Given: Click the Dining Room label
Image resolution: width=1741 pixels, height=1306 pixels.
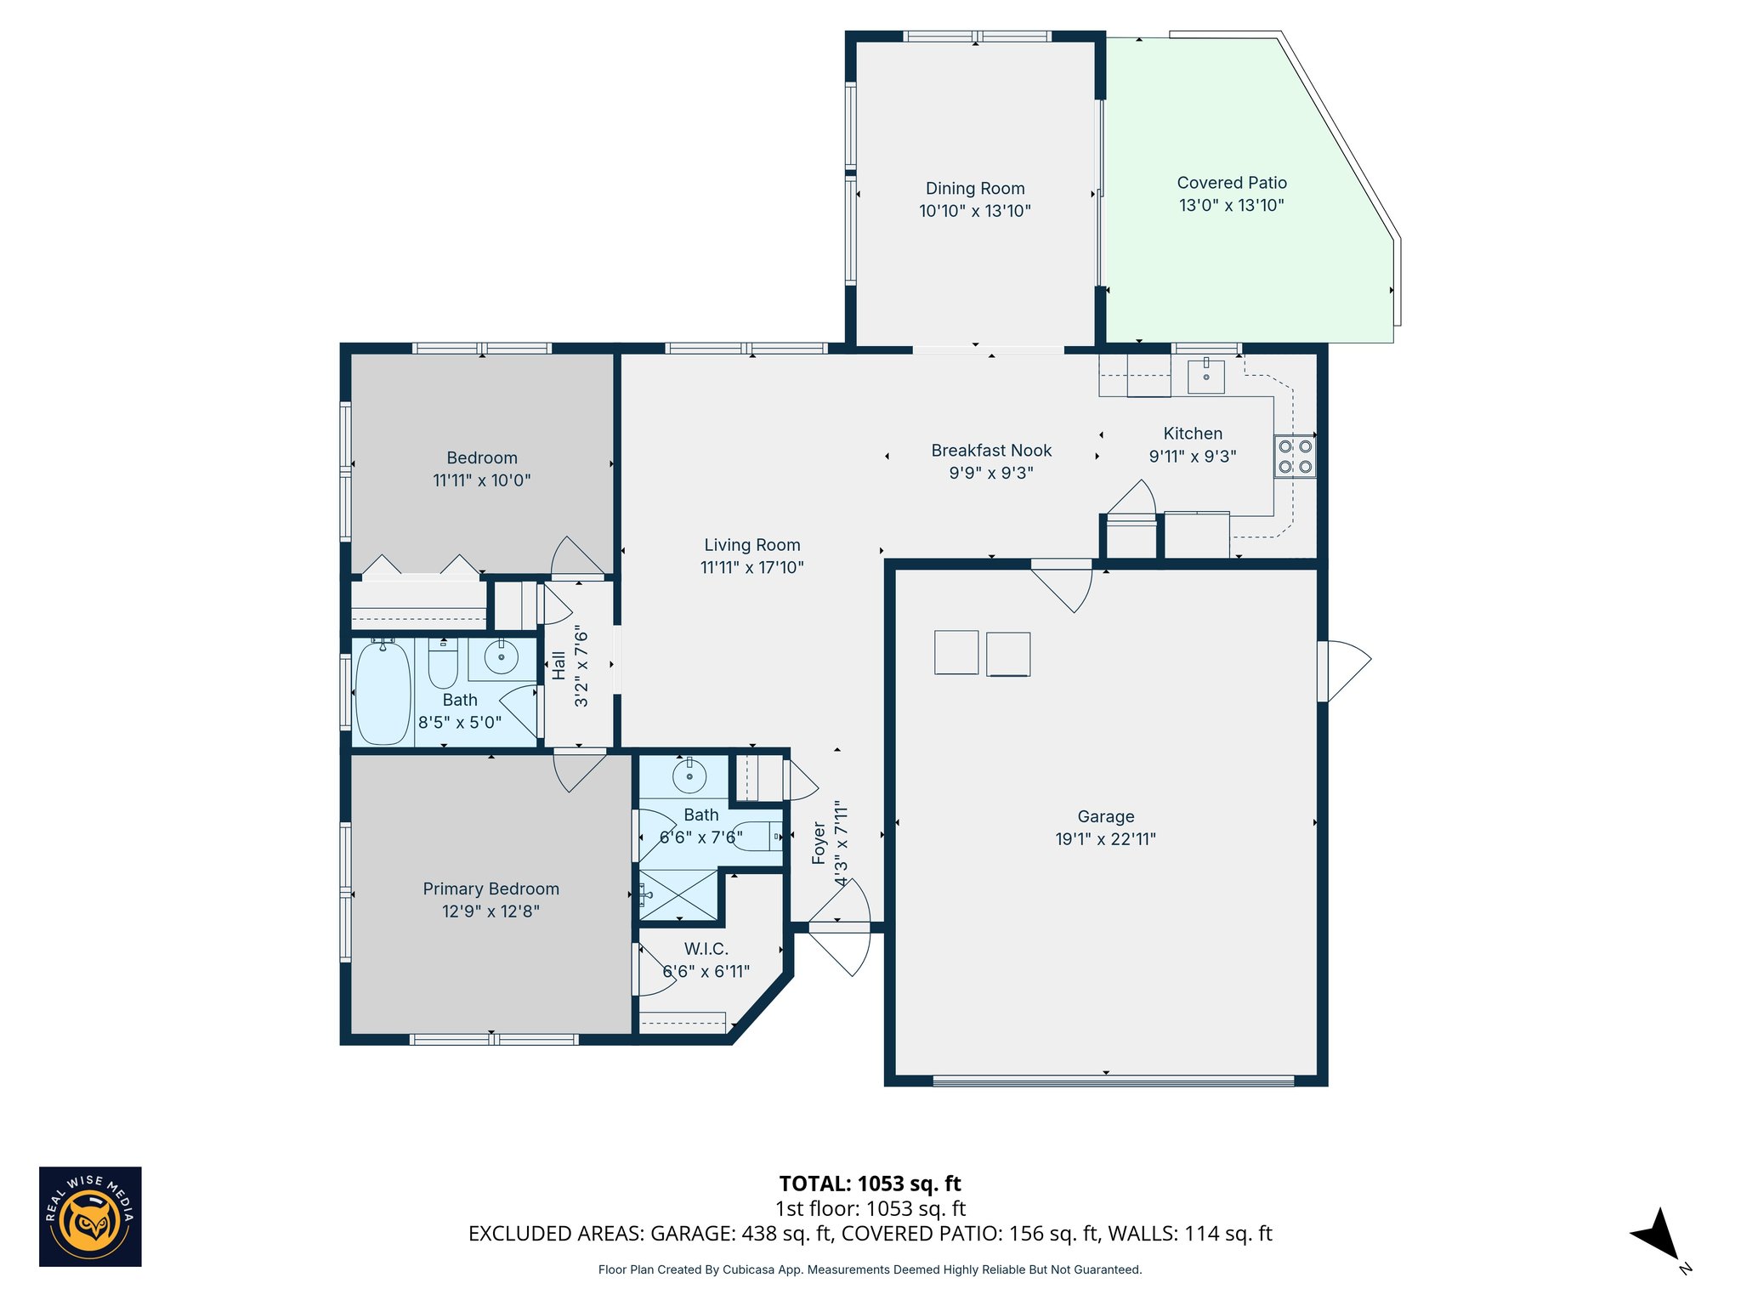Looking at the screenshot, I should click(975, 189).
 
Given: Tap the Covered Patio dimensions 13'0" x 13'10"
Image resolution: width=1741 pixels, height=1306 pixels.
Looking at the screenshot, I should click(1231, 205).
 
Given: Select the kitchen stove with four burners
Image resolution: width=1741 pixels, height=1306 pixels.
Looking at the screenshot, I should click(1295, 456).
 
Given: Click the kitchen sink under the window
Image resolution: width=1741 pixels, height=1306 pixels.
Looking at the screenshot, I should click(1205, 376).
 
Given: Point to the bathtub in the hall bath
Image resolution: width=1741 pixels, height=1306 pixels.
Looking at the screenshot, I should click(383, 692).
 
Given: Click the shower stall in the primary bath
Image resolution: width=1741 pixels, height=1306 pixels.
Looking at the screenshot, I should click(678, 894).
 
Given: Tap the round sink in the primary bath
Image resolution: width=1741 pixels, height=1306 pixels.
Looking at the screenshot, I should click(689, 775).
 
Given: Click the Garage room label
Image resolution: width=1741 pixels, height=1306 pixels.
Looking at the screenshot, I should click(1105, 816).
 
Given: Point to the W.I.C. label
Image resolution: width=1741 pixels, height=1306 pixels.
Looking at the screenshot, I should click(706, 949).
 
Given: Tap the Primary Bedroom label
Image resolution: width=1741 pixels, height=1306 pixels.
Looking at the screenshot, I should click(491, 889).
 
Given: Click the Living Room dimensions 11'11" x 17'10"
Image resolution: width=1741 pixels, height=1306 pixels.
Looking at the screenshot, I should click(751, 567).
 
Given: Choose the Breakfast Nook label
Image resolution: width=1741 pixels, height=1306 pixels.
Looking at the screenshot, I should click(991, 451).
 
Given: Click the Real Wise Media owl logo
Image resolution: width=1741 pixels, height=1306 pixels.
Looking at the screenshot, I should click(90, 1216).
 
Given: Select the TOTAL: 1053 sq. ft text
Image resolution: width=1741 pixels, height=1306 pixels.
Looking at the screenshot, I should click(870, 1184).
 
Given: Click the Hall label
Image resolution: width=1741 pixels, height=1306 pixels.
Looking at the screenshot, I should click(559, 666).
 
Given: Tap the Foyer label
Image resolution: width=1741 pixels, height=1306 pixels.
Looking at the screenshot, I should click(819, 843).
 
